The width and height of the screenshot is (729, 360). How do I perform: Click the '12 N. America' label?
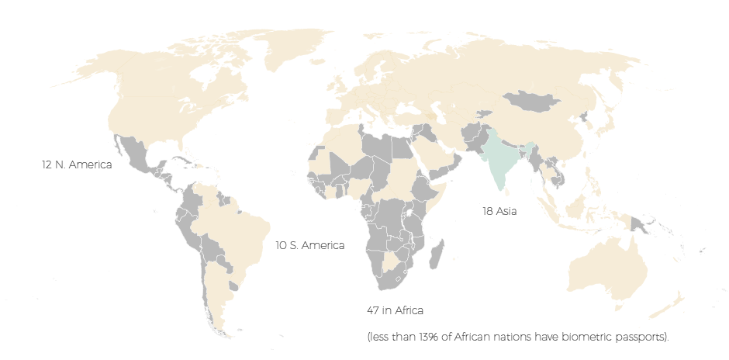click(77, 165)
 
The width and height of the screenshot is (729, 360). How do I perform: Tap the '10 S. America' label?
click(310, 245)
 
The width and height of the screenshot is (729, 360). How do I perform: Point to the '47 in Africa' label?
click(395, 310)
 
